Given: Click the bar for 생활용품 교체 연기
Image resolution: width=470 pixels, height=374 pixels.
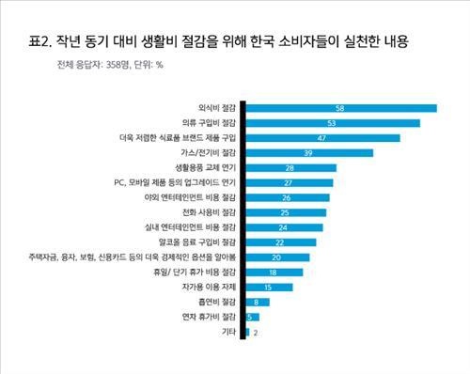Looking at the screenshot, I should coord(291,168).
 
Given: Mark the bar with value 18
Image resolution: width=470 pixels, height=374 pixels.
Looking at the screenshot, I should coord(274,273).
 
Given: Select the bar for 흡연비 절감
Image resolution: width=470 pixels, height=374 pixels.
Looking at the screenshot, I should coord(257,302).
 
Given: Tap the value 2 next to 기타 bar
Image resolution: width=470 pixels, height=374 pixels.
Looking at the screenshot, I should coord(255,332).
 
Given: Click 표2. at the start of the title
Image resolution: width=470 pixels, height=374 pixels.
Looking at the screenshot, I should coord(42,42).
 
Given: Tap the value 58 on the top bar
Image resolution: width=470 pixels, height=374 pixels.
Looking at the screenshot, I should coord(418,108).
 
